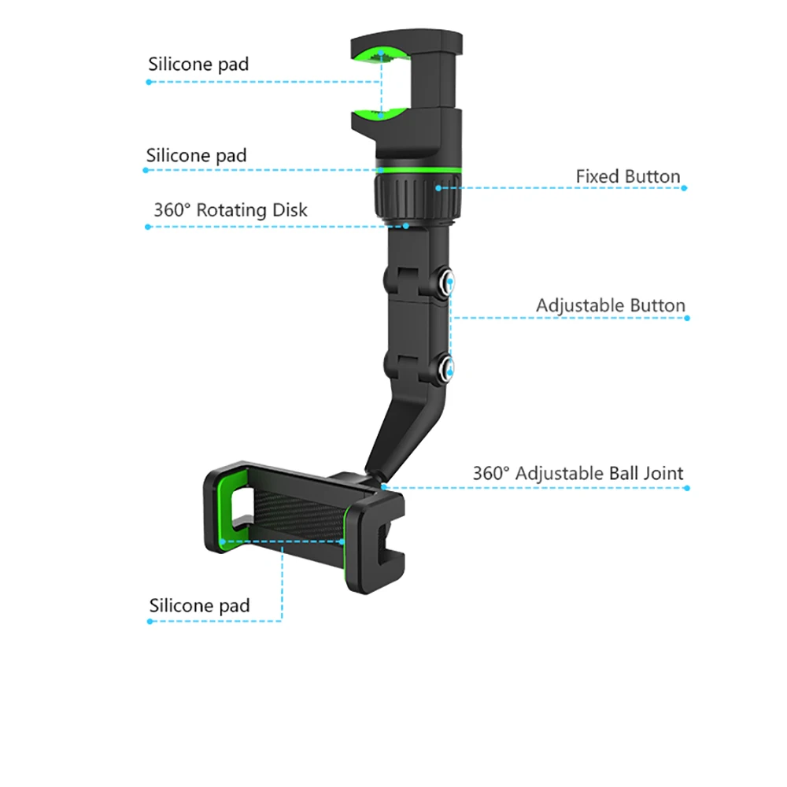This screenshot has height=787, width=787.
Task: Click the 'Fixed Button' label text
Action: (628, 176)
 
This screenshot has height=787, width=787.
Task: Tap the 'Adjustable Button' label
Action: (611, 305)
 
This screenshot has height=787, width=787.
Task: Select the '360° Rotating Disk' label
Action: (231, 210)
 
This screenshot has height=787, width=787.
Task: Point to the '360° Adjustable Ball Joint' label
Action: (578, 473)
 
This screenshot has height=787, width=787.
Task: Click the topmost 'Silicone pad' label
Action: (198, 65)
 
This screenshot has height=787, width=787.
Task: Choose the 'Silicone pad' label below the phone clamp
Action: (199, 605)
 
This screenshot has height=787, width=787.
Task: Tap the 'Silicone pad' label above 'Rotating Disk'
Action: (196, 156)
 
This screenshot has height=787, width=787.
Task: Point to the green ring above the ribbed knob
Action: (418, 171)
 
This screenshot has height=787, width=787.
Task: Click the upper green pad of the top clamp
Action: (380, 56)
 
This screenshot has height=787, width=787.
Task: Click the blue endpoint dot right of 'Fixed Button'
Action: (684, 188)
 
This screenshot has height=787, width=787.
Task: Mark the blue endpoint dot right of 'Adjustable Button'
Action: (687, 318)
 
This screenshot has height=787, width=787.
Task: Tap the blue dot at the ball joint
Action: (384, 487)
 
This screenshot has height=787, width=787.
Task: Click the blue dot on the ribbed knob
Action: (438, 188)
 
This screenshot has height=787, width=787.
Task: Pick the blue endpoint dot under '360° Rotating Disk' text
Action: (148, 227)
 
